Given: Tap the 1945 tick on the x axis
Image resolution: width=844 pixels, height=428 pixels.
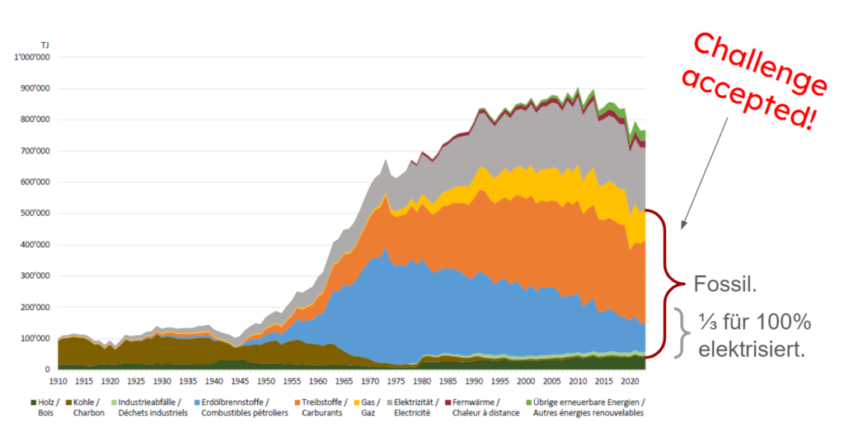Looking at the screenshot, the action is coord(240,381).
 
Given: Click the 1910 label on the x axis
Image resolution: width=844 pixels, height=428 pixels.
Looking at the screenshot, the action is coord(59,381).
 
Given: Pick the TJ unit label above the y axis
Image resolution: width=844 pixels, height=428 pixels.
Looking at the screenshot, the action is coord(45,45).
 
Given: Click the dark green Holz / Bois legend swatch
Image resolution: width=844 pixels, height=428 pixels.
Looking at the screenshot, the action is coord(33,402).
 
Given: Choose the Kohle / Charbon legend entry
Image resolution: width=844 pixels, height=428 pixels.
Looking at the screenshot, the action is coord(86,407).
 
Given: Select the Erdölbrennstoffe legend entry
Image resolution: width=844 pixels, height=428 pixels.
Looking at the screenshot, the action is coord(241,407).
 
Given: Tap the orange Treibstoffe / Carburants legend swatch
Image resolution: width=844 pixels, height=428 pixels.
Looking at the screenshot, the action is coord(297,402).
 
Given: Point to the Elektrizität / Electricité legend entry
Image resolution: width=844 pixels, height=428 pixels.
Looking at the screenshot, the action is coord(413,407).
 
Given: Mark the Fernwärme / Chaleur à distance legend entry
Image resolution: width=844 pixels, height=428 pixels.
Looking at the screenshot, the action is coord(482,407).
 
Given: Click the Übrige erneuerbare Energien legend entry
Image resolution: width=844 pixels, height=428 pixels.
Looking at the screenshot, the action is coord(585,407).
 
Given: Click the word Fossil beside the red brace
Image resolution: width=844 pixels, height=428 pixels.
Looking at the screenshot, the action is coord(725,284).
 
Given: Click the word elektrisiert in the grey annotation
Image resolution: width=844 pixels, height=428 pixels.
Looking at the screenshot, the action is coord(752,350).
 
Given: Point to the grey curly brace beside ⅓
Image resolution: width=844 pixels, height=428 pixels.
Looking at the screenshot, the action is coord(682,332).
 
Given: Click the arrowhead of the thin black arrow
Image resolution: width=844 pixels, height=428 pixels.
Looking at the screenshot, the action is coord(682,226).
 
